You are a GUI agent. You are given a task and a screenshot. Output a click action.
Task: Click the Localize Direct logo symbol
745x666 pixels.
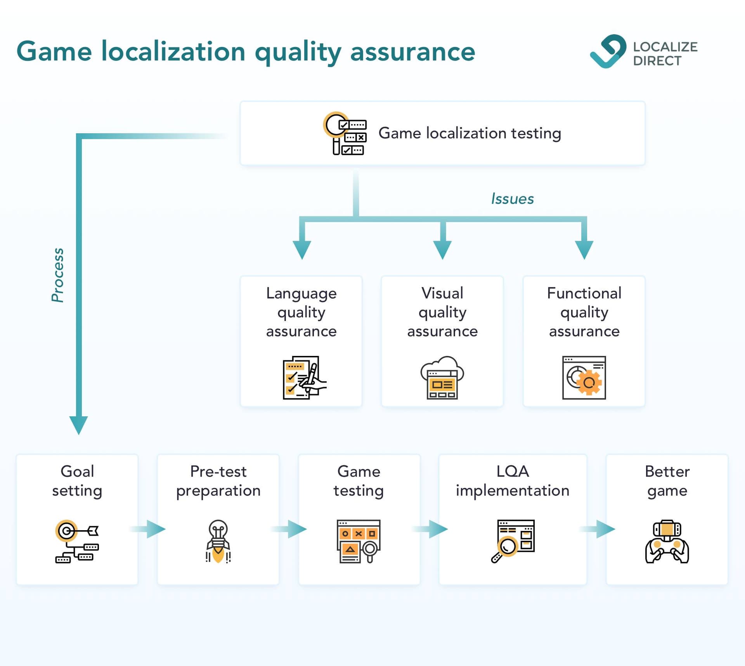point(608,52)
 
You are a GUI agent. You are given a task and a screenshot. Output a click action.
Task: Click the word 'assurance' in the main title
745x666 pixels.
point(412,52)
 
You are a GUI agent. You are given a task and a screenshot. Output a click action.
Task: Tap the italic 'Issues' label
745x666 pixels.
point(512,199)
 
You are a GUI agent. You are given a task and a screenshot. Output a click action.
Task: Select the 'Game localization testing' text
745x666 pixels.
point(470,133)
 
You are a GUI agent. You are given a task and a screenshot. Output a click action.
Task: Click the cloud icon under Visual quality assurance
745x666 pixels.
point(442,377)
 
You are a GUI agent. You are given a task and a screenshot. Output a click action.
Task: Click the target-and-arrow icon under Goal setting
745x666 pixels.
point(77,541)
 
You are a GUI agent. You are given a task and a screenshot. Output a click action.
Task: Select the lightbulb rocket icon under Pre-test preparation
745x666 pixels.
point(218,541)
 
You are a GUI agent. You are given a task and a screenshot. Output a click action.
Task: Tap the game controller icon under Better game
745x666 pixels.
point(667,541)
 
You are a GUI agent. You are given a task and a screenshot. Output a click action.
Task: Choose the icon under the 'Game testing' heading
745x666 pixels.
point(359,541)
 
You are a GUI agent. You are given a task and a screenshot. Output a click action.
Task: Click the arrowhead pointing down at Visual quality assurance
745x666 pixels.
point(442,249)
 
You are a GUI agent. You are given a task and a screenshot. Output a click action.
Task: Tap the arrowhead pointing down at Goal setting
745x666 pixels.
point(79,425)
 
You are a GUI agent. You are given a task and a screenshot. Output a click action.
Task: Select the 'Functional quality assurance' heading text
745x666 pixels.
point(584,312)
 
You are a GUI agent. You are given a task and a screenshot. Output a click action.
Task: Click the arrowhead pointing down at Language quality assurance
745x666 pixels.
point(302,249)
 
